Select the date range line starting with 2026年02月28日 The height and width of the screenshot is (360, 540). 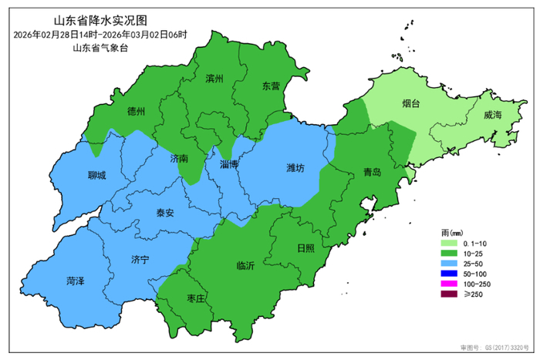100,35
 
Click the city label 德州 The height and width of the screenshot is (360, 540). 137,111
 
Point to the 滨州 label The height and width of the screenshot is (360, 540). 214,79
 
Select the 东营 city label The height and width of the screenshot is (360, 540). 270,86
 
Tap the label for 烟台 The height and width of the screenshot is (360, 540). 411,103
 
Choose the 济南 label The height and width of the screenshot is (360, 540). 179,158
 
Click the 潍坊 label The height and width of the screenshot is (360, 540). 295,167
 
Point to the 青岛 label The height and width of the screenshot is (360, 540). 372,173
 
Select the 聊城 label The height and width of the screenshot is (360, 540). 97,175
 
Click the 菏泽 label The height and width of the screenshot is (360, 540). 76,280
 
